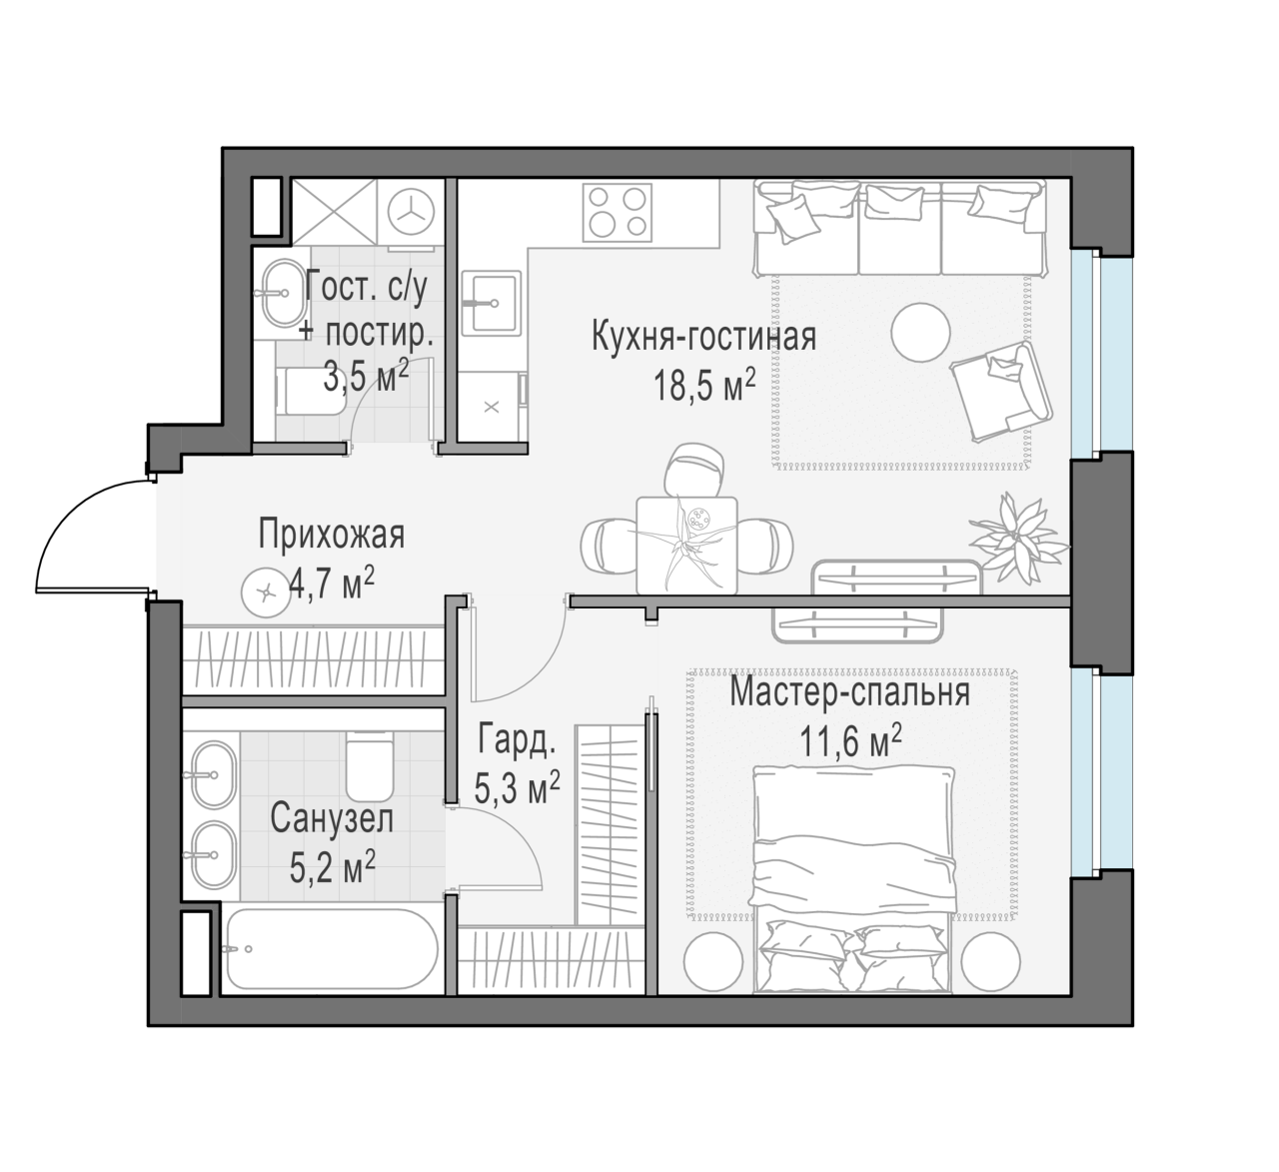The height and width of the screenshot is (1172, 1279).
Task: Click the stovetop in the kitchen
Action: coord(618,213)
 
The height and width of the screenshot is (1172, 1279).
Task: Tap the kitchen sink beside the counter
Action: coord(491,303)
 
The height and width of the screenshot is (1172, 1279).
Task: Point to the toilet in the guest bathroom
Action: coord(311,391)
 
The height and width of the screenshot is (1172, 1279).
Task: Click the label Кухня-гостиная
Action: coord(703,336)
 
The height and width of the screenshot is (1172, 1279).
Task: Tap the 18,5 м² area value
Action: coord(703,385)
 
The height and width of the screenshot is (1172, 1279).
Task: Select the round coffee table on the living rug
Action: coord(920,333)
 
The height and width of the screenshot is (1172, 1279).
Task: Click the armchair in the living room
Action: coord(1001,391)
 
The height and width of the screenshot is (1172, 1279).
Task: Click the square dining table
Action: coord(686,546)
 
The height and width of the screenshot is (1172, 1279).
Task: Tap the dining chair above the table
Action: coord(693,470)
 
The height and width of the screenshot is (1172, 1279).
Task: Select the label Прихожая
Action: coord(332,535)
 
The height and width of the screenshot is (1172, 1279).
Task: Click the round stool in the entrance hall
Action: coord(266,592)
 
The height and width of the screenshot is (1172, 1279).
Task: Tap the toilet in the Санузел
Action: coord(370,766)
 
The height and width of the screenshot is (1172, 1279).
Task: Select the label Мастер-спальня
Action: coord(850,692)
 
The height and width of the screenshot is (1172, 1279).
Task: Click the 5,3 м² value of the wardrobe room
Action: coord(517,788)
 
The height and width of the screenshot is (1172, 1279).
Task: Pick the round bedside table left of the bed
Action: coord(712,961)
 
